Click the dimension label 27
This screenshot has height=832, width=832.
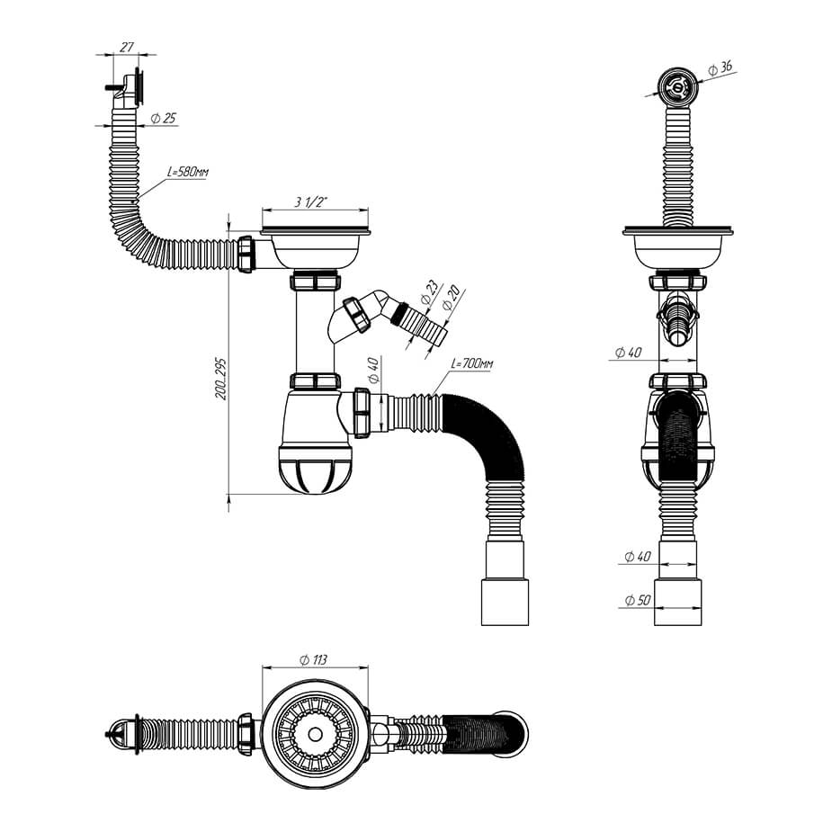pos(126,48)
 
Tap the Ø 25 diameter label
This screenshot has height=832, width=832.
pos(164,119)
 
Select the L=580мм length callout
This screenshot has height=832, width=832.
pos(188,172)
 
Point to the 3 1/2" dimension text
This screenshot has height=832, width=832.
pos(312,202)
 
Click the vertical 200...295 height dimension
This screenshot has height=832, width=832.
pos(221,379)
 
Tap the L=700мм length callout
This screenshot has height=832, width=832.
pos(471,364)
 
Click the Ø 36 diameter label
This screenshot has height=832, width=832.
pos(720,68)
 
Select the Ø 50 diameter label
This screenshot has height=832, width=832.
pos(638,600)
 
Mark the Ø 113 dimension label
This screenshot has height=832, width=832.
pos(313,660)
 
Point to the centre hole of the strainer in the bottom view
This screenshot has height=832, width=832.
pos(315,734)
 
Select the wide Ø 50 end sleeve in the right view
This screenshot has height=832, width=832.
pos(677,603)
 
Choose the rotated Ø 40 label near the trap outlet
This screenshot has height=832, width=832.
pos(373,371)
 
